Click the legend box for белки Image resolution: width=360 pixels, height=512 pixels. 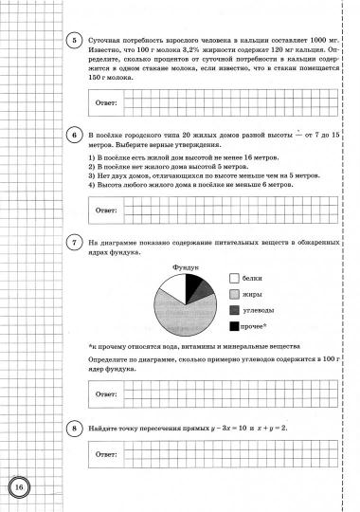coord(235,279)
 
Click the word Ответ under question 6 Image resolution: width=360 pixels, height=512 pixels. coord(102,209)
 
